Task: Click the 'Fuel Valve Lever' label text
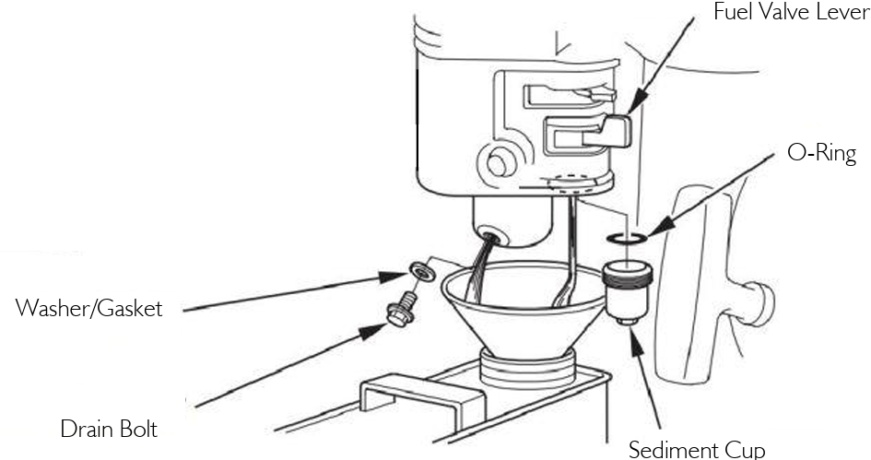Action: pyautogui.click(x=792, y=12)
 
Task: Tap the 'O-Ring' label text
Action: pyautogui.click(x=821, y=153)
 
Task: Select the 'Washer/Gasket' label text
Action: pyautogui.click(x=88, y=308)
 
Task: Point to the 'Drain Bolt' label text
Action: pyautogui.click(x=109, y=429)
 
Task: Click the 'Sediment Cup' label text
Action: pyautogui.click(x=697, y=450)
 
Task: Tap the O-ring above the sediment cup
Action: pyautogui.click(x=627, y=239)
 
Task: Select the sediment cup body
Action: pyautogui.click(x=627, y=293)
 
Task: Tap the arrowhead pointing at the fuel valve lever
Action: pyautogui.click(x=637, y=102)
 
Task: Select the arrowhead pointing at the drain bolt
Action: pyautogui.click(x=372, y=332)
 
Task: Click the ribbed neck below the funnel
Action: pyautogui.click(x=526, y=369)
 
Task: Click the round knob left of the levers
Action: pyautogui.click(x=498, y=162)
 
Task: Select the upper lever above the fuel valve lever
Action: pyautogui.click(x=570, y=96)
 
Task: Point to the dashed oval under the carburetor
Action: pyautogui.click(x=569, y=181)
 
